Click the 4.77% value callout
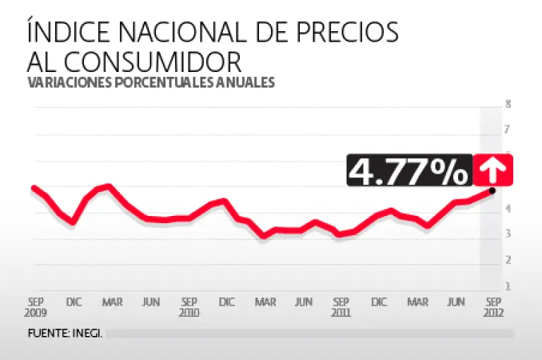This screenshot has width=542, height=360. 409,170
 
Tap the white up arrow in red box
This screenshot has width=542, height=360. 493,170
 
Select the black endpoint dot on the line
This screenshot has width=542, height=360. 492,190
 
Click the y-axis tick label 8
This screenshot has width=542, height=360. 507,104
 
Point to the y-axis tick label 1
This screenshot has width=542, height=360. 507,287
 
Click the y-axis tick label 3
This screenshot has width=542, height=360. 507,234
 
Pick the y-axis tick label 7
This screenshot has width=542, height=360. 507,130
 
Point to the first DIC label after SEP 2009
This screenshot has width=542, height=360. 74,302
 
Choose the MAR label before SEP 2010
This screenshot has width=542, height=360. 112,302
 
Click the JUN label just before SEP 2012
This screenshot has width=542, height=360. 456,302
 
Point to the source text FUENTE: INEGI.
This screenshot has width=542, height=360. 66,333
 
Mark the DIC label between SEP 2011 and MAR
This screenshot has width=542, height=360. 380,302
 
